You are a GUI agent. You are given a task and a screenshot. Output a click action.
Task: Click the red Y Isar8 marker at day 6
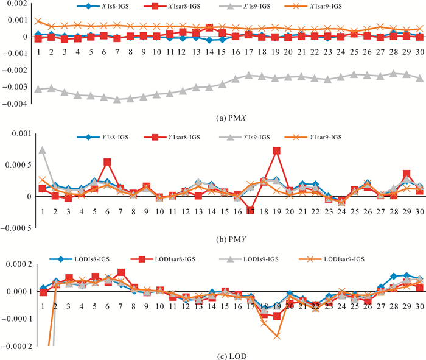pos(107,162)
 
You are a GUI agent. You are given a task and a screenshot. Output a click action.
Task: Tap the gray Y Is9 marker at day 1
pos(43,150)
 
